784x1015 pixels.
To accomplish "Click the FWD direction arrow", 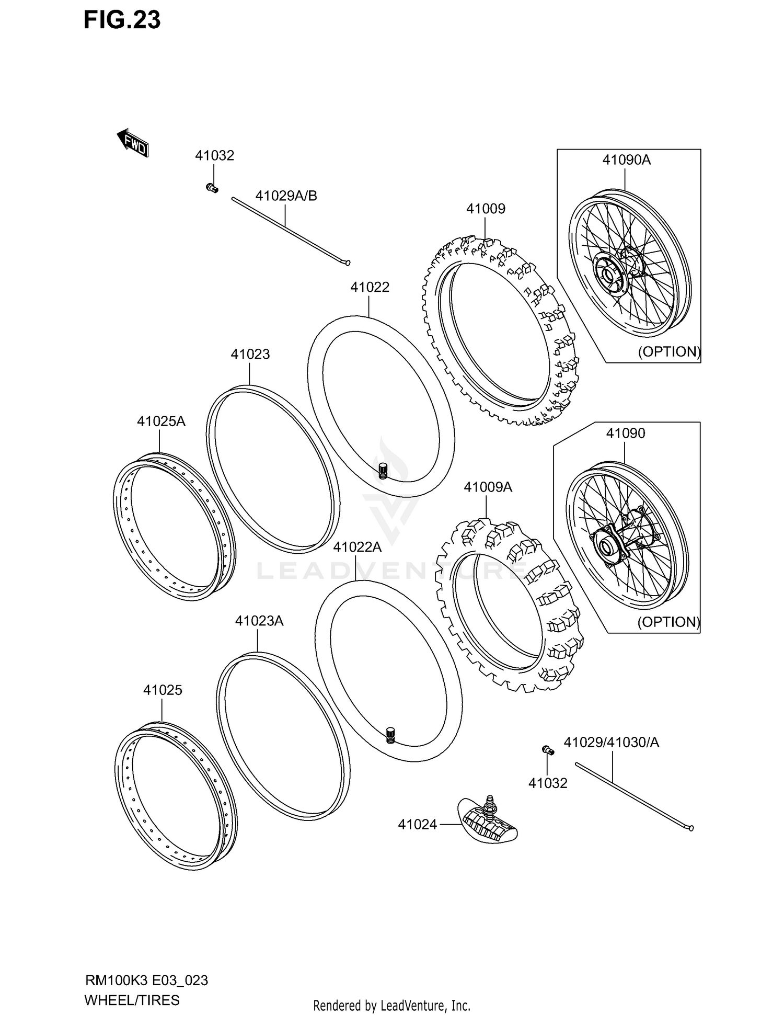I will click(133, 143).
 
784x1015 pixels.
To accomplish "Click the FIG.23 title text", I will click(122, 20).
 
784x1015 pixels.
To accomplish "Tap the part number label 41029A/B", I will click(286, 196).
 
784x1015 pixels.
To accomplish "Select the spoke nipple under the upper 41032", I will click(212, 188).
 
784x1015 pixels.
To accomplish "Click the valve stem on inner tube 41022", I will click(382, 470).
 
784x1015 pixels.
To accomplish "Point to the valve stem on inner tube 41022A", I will click(389, 735).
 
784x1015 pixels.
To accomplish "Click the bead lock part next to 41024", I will click(487, 823).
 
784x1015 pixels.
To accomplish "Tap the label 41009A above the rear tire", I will click(488, 487).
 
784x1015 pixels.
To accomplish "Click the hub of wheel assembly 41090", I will click(607, 548).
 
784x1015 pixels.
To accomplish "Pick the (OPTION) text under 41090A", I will click(668, 351).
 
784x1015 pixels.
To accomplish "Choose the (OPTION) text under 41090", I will click(668, 622).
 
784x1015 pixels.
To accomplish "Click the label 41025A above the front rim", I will click(161, 421).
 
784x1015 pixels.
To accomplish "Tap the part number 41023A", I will click(259, 621).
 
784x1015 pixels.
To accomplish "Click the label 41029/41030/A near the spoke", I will click(611, 742).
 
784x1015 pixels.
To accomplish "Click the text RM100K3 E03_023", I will click(146, 980).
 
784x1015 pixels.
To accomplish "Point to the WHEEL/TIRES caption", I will click(132, 1000).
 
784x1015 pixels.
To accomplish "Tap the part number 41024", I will click(417, 825).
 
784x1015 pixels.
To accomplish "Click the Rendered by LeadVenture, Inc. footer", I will click(391, 1005).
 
